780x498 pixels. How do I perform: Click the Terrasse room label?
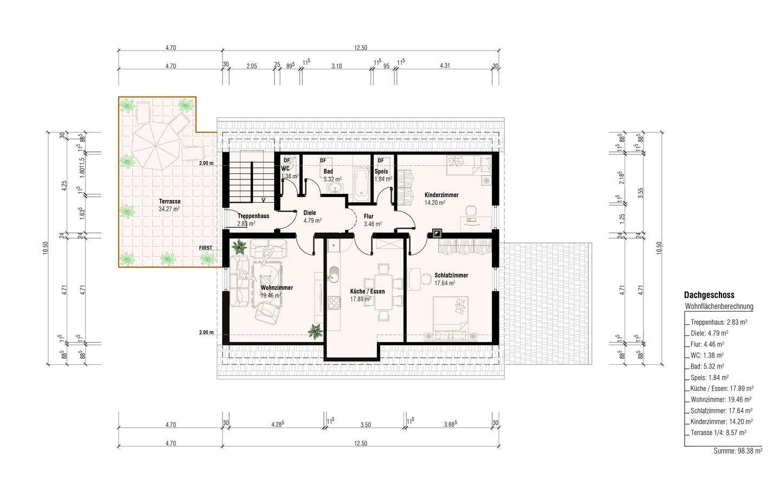pyautogui.click(x=170, y=201)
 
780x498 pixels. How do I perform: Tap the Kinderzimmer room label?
pyautogui.click(x=441, y=195)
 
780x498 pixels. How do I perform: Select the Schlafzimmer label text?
pyautogui.click(x=451, y=275)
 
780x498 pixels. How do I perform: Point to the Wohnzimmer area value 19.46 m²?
pyautogui.click(x=271, y=296)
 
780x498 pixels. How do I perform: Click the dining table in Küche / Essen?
pyautogui.click(x=382, y=292)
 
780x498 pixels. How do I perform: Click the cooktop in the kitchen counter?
pyautogui.click(x=334, y=302)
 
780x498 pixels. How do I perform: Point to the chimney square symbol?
pyautogui.click(x=437, y=233)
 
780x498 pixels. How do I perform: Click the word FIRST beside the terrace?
pyautogui.click(x=205, y=248)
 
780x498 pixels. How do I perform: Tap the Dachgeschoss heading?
pyautogui.click(x=710, y=295)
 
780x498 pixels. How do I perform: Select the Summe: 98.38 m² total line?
pyautogui.click(x=738, y=451)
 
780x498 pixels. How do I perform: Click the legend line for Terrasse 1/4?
pyautogui.click(x=718, y=432)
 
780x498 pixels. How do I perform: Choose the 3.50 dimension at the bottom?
pyautogui.click(x=366, y=424)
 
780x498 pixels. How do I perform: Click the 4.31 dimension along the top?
pyautogui.click(x=445, y=66)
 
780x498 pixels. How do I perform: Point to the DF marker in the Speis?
pyautogui.click(x=381, y=160)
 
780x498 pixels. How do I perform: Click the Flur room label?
pyautogui.click(x=368, y=216)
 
